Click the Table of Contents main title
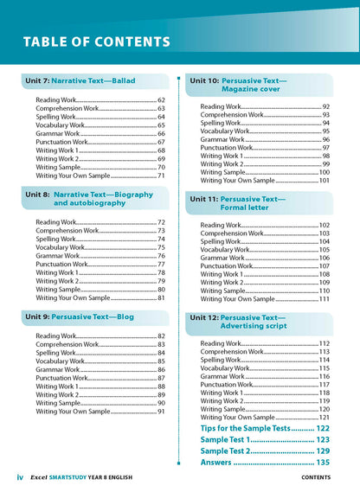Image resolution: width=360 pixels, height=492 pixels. tap(96, 41)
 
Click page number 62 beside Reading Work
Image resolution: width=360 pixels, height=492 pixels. tap(161, 101)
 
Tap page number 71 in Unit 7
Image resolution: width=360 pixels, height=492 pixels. tap(161, 176)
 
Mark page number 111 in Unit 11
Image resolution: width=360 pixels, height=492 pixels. tap(324, 299)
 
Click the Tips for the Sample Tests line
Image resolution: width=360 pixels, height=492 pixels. tap(264, 429)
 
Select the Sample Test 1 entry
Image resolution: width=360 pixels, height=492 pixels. tap(264, 440)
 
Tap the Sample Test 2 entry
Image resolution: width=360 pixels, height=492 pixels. tap(264, 451)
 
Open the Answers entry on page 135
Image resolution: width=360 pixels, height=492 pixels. tap(264, 463)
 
